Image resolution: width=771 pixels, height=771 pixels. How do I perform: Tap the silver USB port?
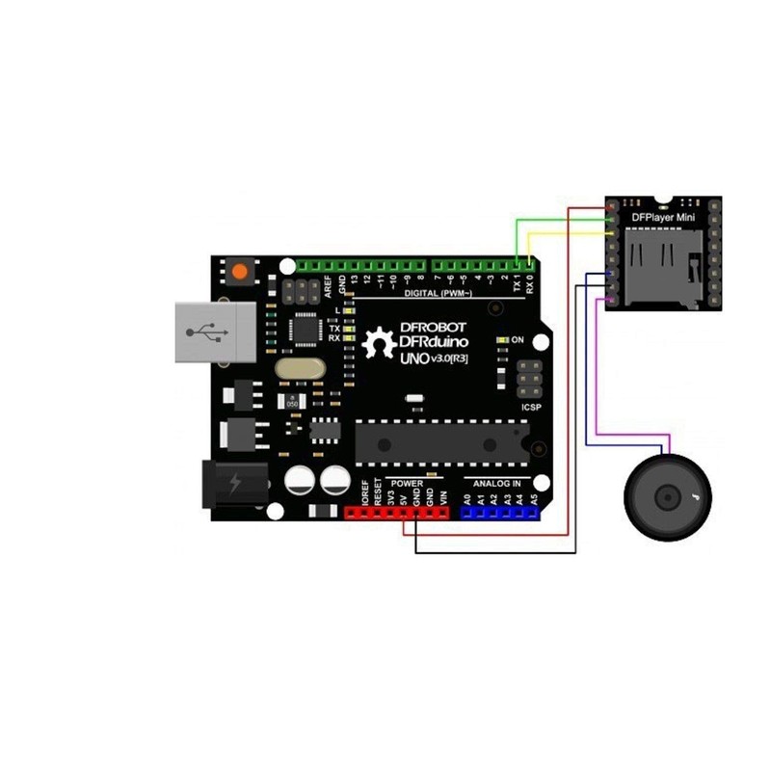pyautogui.click(x=214, y=331)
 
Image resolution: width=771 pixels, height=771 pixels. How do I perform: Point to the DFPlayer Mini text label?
pyautogui.click(x=663, y=219)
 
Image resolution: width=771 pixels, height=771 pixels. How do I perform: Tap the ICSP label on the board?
pyautogui.click(x=531, y=407)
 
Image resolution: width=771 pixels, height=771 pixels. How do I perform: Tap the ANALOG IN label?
pyautogui.click(x=496, y=482)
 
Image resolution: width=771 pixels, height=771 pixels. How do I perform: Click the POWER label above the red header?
pyautogui.click(x=405, y=482)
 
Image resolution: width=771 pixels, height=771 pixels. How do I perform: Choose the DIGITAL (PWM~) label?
pyautogui.click(x=439, y=292)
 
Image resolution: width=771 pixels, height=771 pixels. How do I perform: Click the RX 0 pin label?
pyautogui.click(x=530, y=284)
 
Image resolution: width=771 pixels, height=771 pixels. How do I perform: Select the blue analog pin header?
pyautogui.click(x=499, y=512)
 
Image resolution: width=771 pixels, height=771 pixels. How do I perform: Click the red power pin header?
pyautogui.click(x=397, y=512)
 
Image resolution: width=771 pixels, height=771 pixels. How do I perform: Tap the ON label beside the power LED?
pyautogui.click(x=517, y=340)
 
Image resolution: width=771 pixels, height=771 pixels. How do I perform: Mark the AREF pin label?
pyautogui.click(x=328, y=283)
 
